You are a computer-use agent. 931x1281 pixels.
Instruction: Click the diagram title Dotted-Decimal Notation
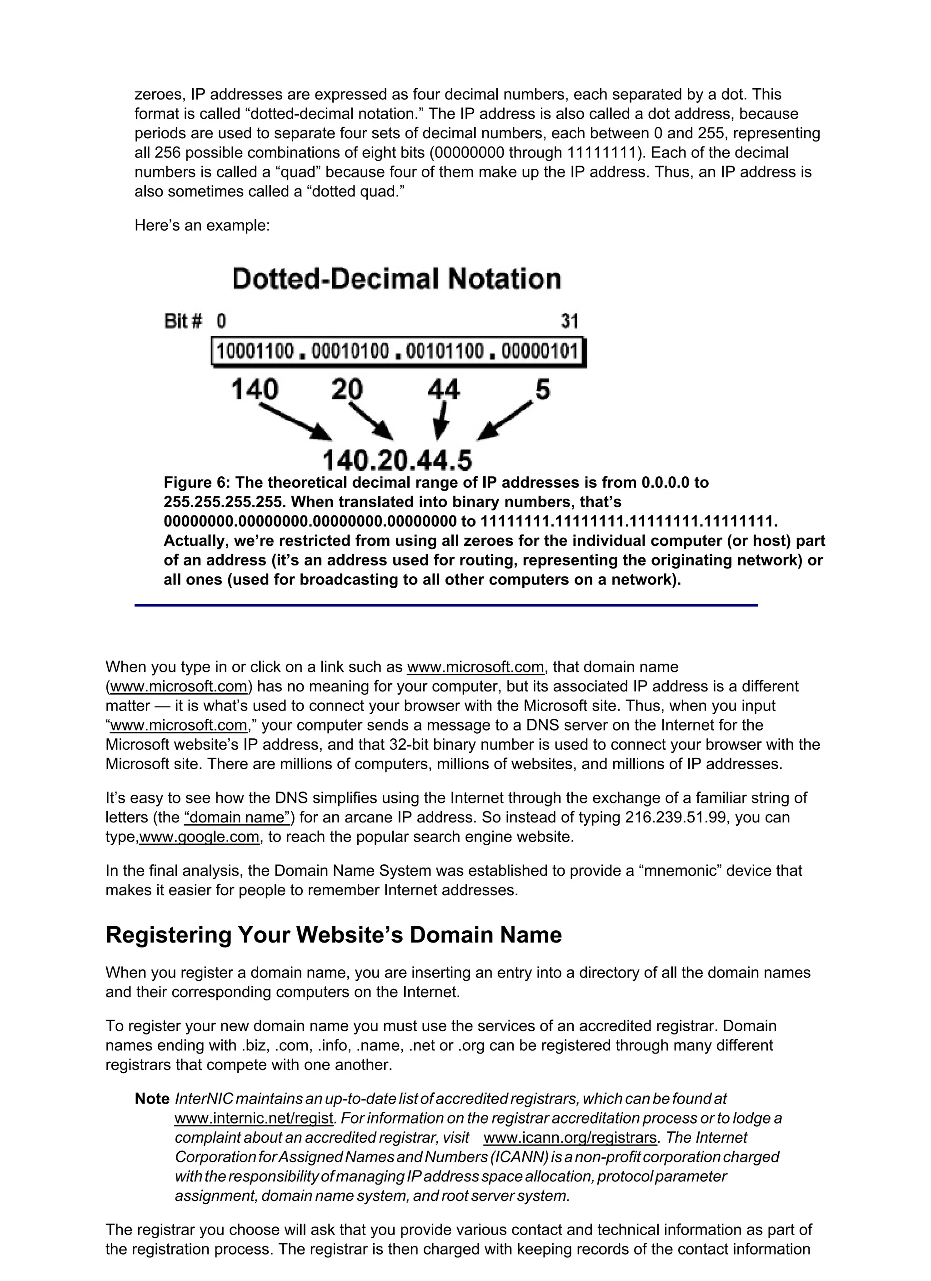[x=396, y=279]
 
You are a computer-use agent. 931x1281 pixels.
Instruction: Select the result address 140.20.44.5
[x=397, y=460]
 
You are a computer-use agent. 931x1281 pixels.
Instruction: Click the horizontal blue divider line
[x=445, y=605]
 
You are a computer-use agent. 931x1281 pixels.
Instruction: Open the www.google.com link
[x=199, y=837]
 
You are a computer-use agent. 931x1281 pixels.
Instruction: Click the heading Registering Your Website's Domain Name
[x=333, y=935]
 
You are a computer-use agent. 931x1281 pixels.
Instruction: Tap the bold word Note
[x=152, y=1099]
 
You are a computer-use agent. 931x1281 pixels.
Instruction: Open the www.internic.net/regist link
[x=254, y=1118]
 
